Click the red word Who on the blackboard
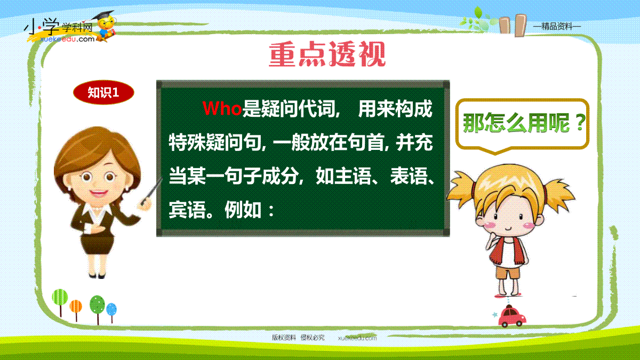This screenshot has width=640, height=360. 222,109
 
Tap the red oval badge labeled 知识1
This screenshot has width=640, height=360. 103,92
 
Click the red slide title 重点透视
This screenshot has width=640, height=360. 327,54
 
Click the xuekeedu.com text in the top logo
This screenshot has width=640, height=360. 67,39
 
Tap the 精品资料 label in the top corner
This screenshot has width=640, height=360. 557,27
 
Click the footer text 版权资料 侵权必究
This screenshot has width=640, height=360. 298,338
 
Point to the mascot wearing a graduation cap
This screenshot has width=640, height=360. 105,26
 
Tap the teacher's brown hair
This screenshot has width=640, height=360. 97,154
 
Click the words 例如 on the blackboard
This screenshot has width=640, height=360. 243,210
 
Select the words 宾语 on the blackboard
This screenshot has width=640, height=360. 187,210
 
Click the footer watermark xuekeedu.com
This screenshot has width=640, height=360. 357,338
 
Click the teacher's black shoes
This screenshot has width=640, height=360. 97,276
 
